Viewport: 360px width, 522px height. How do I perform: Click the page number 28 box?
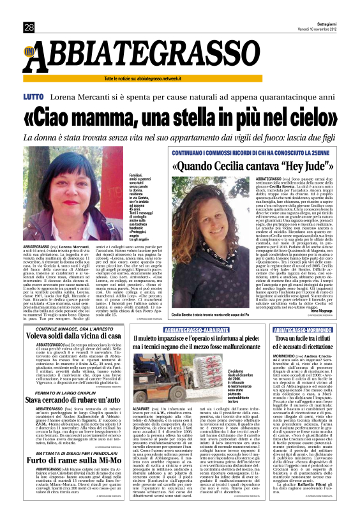coord(29,27)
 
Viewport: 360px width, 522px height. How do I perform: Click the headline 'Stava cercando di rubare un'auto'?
coord(75,400)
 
